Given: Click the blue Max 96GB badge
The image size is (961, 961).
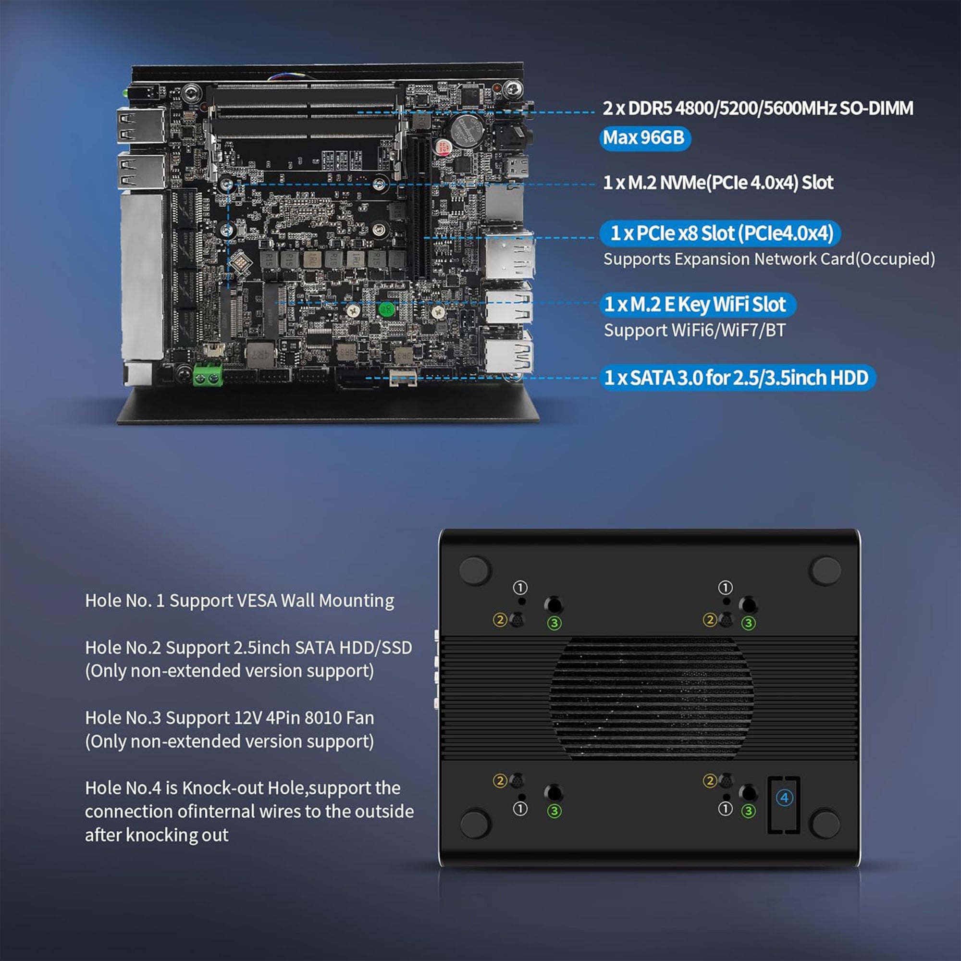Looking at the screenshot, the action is tap(645, 138).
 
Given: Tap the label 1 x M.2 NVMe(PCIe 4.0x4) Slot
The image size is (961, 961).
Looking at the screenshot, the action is tap(718, 183).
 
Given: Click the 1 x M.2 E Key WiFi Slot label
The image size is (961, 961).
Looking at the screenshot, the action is tap(697, 305).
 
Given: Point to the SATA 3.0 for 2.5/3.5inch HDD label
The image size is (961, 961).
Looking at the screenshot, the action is tap(738, 378).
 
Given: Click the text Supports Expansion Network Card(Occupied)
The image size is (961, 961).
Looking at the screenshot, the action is tap(769, 259).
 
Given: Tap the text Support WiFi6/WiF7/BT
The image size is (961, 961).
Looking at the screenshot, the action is tap(694, 330).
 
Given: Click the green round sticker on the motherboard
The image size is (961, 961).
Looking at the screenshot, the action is tap(386, 309).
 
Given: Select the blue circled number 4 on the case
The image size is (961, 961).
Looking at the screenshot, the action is tap(785, 798).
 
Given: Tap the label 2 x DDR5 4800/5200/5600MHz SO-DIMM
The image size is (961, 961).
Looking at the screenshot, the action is tap(758, 108).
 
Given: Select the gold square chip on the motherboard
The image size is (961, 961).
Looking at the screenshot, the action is tap(239, 259).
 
